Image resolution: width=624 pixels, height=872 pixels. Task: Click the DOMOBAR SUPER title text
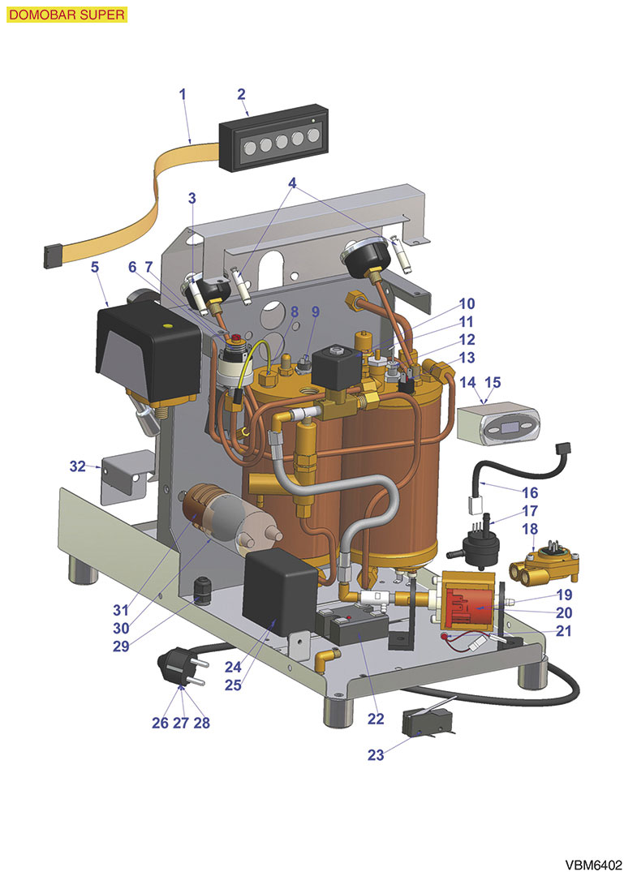tap(66, 15)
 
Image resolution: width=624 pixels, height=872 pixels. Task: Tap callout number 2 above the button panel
tap(242, 93)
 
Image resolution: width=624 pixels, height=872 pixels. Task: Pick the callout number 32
tap(77, 466)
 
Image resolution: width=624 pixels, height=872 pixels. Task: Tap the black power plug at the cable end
tap(177, 668)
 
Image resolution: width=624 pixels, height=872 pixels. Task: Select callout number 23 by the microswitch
tap(376, 754)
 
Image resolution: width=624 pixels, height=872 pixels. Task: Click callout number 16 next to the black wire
tap(529, 492)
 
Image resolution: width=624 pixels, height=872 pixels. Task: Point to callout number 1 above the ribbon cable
tap(183, 93)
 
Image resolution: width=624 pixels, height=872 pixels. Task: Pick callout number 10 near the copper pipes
tap(467, 304)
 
